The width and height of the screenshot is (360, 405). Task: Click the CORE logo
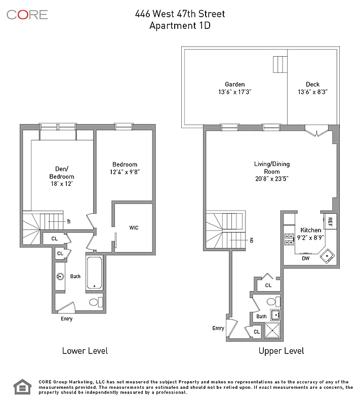click(x=27, y=15)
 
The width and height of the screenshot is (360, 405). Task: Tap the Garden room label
click(x=235, y=85)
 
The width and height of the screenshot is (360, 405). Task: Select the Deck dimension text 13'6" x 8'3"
click(x=312, y=92)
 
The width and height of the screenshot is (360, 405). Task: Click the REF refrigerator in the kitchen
click(x=330, y=221)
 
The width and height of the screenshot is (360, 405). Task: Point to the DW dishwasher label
click(x=306, y=258)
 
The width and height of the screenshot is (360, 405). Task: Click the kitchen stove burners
click(x=290, y=238)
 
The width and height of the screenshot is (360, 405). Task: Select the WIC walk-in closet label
click(x=134, y=228)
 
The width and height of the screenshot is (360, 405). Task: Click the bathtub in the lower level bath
click(x=94, y=273)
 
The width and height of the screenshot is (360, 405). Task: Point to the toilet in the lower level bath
click(x=95, y=302)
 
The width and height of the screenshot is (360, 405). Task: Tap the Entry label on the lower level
click(x=66, y=319)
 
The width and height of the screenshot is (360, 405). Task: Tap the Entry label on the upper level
click(x=218, y=328)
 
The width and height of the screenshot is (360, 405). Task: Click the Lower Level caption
click(x=85, y=350)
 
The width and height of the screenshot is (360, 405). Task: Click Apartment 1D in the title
click(x=180, y=26)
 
